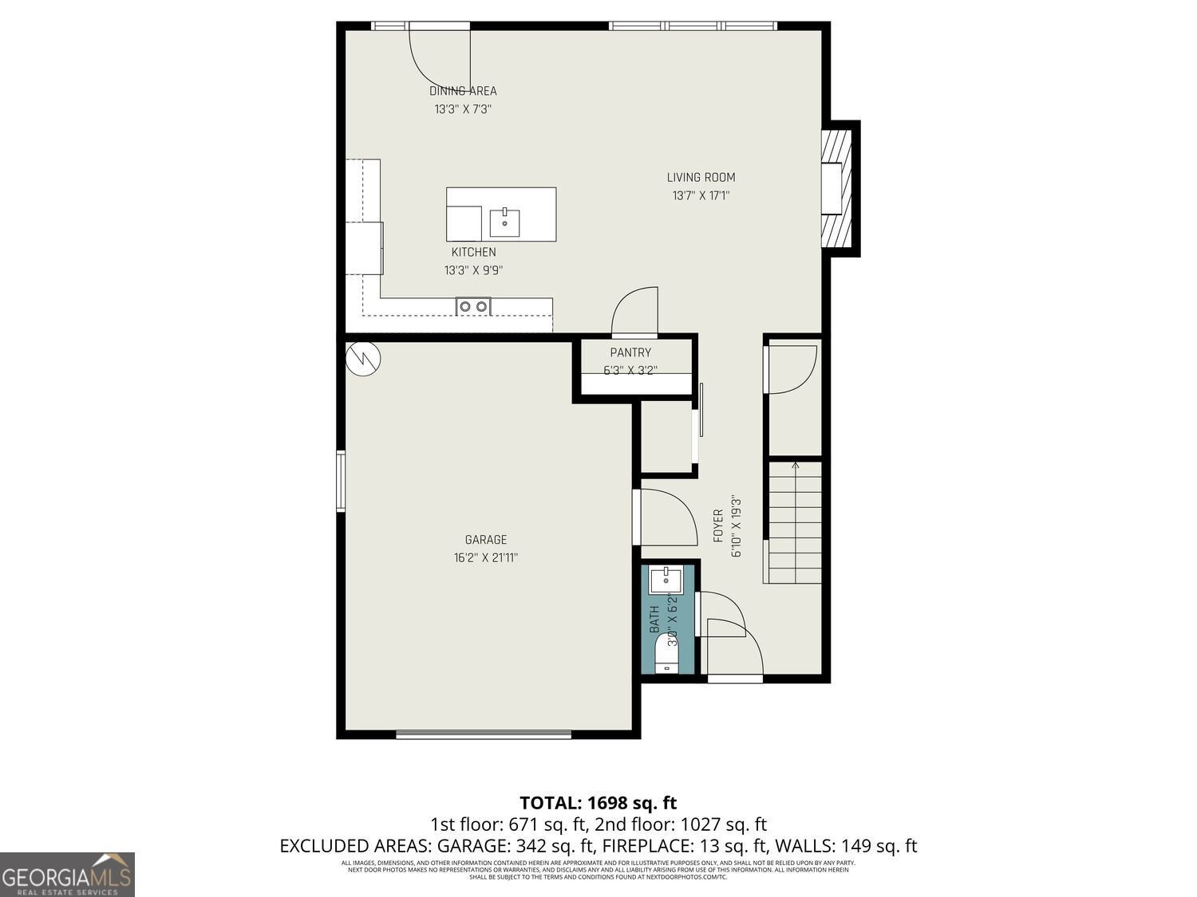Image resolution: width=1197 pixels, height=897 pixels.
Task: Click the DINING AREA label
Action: pos(463,91)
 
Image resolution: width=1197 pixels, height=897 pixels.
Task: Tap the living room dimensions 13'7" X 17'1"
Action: pos(701,195)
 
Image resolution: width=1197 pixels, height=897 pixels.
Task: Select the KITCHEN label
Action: pos(473,252)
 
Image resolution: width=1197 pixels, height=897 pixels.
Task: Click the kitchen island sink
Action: pos(504,223)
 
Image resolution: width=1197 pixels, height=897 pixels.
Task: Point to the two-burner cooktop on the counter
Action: pos(473,306)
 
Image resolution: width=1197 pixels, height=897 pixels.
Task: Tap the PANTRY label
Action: pos(630,352)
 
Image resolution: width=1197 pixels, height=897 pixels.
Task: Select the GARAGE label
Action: pos(486,540)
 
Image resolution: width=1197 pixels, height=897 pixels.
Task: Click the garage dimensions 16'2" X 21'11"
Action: pos(486,558)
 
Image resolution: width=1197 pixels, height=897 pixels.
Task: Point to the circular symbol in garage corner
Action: pos(363,359)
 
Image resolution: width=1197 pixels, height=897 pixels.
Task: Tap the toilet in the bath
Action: pos(666,658)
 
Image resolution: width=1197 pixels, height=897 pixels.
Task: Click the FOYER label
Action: pos(717,526)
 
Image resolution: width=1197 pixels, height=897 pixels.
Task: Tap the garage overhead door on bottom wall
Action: pos(484,734)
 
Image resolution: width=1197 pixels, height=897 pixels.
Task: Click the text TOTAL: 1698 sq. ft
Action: pos(598,802)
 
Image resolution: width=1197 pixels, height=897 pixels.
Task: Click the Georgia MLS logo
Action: pos(67,875)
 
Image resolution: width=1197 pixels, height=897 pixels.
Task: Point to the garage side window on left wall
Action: pos(341,480)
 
